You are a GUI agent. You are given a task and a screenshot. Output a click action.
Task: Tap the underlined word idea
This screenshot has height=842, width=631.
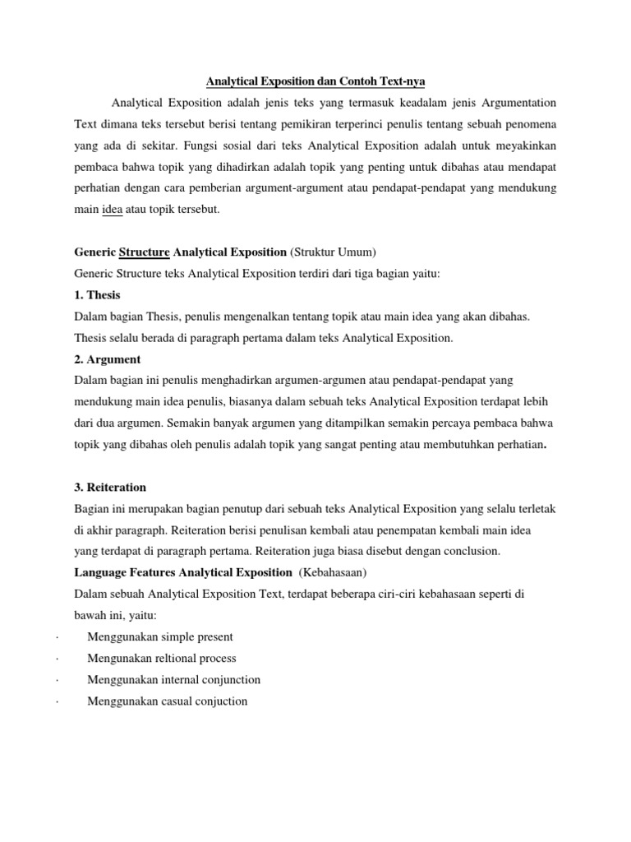(112, 210)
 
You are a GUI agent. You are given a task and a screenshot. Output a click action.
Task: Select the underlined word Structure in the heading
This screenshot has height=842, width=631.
(145, 252)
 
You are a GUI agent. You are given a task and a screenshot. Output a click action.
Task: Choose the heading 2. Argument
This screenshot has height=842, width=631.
(107, 359)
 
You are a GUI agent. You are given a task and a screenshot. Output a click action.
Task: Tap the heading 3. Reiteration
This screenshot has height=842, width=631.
(110, 488)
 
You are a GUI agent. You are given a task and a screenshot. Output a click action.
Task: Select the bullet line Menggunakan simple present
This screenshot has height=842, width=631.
(160, 636)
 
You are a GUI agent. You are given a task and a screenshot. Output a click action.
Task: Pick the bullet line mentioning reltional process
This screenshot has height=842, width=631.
(162, 658)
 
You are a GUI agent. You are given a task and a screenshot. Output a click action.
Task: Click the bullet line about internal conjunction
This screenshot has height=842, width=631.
(174, 679)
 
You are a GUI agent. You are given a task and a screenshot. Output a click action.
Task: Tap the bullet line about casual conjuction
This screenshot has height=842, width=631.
(168, 701)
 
